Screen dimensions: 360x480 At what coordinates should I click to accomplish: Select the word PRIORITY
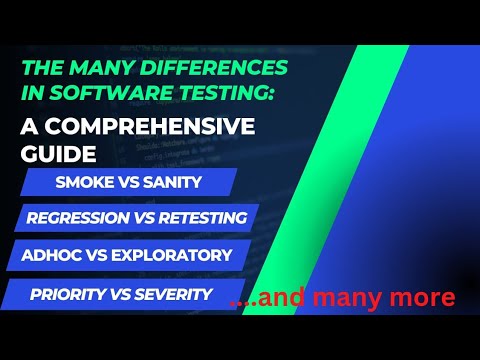(x=69, y=293)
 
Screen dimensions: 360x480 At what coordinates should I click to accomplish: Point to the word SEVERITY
(x=174, y=293)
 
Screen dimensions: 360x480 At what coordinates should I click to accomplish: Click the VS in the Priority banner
(x=122, y=293)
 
